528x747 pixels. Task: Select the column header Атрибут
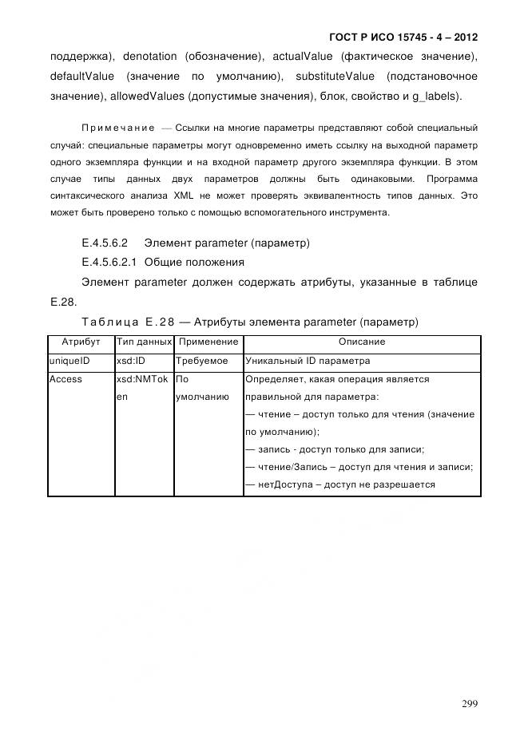[81, 342]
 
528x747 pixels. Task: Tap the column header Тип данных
[144, 342]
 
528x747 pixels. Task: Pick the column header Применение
[208, 342]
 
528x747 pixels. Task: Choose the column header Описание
[361, 342]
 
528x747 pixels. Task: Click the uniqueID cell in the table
[69, 361]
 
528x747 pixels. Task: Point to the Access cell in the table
[66, 379]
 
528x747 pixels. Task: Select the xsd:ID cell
[131, 361]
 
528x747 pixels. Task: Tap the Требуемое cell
[201, 361]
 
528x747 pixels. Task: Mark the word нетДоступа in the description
[281, 484]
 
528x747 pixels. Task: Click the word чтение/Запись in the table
[288, 467]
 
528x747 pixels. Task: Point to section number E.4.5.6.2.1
[109, 262]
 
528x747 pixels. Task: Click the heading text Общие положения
[194, 262]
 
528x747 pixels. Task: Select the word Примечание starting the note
[118, 128]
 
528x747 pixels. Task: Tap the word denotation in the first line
[151, 56]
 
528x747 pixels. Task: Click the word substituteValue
[335, 77]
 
